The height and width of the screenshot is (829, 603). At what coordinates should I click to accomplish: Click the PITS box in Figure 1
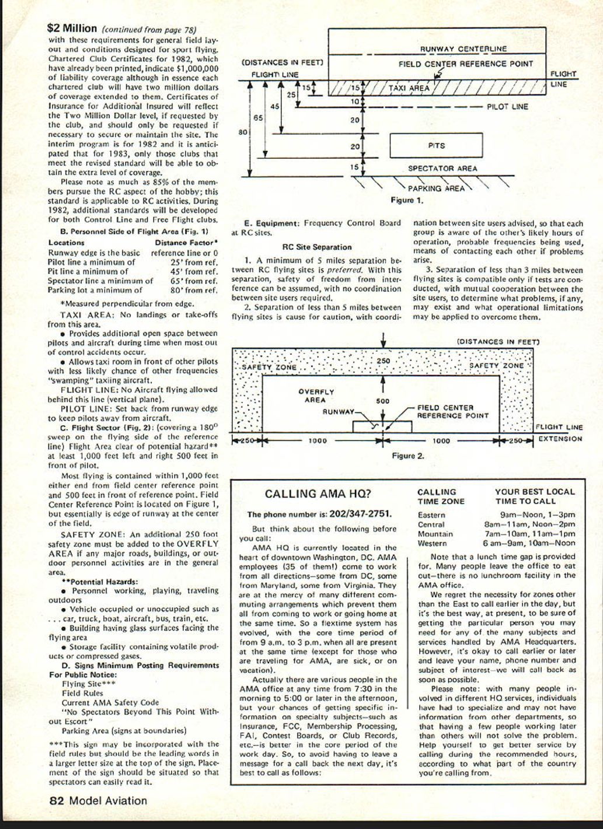click(x=436, y=145)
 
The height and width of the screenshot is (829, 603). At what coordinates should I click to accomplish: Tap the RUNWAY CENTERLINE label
click(x=463, y=49)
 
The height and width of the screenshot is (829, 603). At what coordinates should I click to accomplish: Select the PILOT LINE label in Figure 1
click(x=507, y=107)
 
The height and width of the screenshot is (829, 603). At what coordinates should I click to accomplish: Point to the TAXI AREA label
click(x=409, y=89)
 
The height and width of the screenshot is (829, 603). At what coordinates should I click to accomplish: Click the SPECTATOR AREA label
click(x=442, y=169)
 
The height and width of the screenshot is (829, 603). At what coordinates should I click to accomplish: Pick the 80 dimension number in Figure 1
click(x=243, y=132)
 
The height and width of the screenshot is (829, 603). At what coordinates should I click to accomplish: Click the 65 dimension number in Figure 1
click(x=258, y=117)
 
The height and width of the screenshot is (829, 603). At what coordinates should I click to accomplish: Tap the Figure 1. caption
click(x=407, y=200)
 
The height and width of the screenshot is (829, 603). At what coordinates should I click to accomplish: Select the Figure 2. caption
click(x=408, y=456)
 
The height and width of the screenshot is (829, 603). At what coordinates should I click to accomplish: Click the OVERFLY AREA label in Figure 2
click(x=316, y=396)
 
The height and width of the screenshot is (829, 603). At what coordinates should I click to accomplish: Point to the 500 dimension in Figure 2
click(x=382, y=401)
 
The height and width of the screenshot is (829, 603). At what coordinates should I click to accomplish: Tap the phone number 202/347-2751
click(x=360, y=515)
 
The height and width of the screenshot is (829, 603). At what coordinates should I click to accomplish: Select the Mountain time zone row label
click(x=435, y=534)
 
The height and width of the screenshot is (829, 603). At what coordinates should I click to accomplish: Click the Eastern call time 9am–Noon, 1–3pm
click(x=538, y=515)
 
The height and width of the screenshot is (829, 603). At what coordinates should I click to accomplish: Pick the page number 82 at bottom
click(x=56, y=801)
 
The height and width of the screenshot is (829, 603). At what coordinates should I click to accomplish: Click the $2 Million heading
click(x=72, y=28)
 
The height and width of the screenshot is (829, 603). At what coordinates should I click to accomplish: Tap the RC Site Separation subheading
click(x=316, y=247)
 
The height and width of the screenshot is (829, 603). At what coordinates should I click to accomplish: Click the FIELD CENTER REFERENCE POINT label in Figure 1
click(x=465, y=64)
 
